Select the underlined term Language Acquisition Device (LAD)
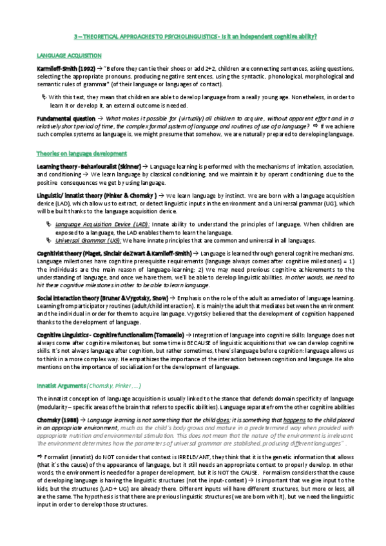pyautogui.click(x=90, y=225)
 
